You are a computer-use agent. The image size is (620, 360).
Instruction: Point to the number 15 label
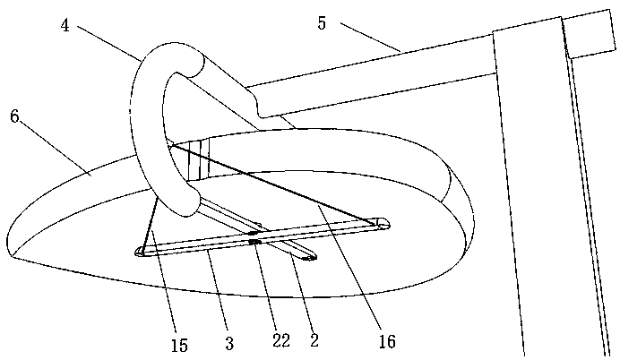[179, 346]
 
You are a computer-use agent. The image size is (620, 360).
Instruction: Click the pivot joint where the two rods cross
[254, 240]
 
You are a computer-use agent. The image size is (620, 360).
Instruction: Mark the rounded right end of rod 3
[383, 221]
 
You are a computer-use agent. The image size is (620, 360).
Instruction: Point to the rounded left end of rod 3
[142, 253]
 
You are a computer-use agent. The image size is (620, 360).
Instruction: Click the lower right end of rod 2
[309, 259]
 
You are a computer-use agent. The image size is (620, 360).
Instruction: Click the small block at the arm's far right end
[590, 32]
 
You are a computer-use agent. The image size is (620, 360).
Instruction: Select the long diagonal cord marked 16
[278, 184]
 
